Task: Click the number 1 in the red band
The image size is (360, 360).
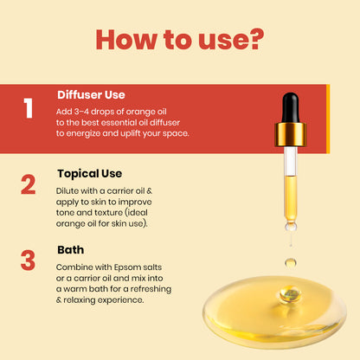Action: coord(29,109)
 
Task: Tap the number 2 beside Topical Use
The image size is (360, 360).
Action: coord(29,183)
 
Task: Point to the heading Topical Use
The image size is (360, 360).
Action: coord(91,172)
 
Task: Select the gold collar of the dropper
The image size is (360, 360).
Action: coord(290,135)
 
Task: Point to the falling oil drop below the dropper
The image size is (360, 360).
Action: coord(290,261)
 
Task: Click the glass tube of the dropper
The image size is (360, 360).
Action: coord(290,186)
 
